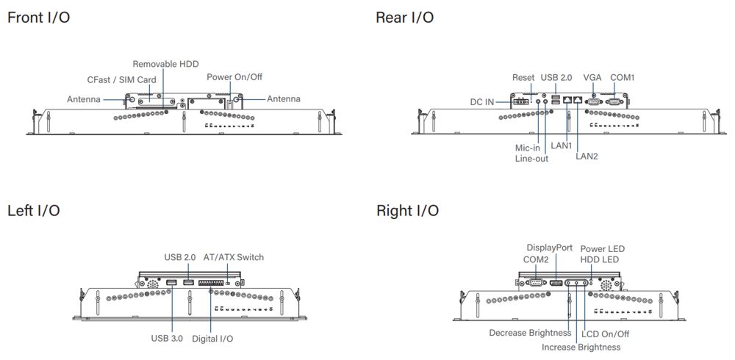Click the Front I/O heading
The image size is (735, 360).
coord(39,17)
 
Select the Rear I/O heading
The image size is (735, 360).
coord(404,17)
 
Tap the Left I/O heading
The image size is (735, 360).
coord(34,211)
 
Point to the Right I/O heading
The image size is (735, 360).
coord(408,211)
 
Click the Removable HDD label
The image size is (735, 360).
coord(165,65)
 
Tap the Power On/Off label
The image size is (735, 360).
coord(233,76)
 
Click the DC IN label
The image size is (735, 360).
coord(482,101)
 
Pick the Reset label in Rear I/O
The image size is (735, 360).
coord(523,77)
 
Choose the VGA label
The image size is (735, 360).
coord(592,77)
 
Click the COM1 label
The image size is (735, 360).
coord(623,77)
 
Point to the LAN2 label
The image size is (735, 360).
coord(587,156)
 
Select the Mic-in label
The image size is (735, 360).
coord(528,148)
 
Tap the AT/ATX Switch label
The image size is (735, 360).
coord(234,257)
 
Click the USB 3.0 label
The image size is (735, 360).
coord(168,339)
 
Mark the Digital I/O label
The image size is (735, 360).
coord(212,339)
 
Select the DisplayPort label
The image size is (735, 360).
coord(550,248)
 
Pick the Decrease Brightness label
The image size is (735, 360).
coord(530,333)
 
